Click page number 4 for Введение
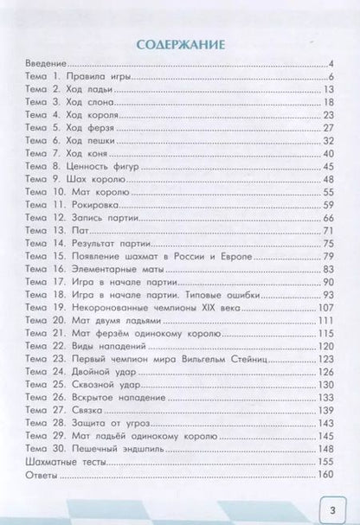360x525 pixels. [x=331, y=64]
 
